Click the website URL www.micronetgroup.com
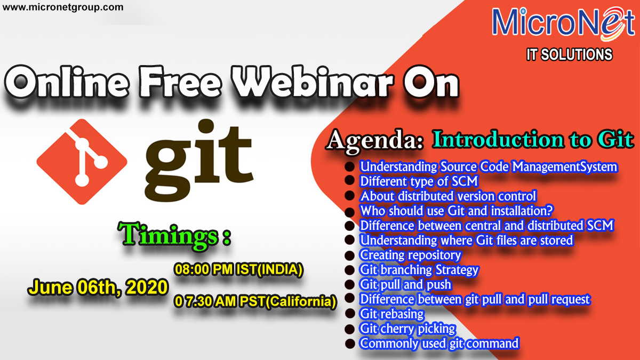point(63,7)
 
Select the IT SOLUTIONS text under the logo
point(570,54)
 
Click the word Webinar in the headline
point(313,82)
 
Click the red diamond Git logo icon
point(82,162)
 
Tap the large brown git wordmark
point(199,160)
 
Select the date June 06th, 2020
point(98,287)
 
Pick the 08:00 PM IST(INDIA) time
point(238,269)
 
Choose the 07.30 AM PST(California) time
point(255,302)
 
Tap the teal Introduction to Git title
point(533,139)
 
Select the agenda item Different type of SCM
point(419,181)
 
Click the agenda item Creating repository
point(410,255)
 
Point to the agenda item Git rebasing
point(391,314)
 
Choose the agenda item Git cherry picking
point(407,329)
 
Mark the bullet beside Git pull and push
point(350,285)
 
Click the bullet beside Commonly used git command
point(350,343)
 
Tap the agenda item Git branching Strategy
point(419,270)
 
